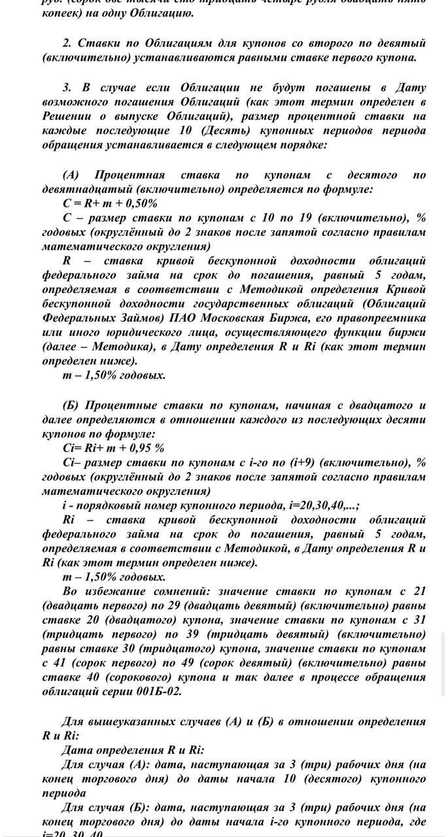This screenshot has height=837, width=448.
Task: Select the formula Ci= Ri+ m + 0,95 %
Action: point(113,448)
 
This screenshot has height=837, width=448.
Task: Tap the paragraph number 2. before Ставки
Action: point(67,43)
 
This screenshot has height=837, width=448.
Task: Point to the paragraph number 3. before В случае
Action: point(67,87)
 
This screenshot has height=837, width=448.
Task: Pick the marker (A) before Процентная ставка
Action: point(71,175)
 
